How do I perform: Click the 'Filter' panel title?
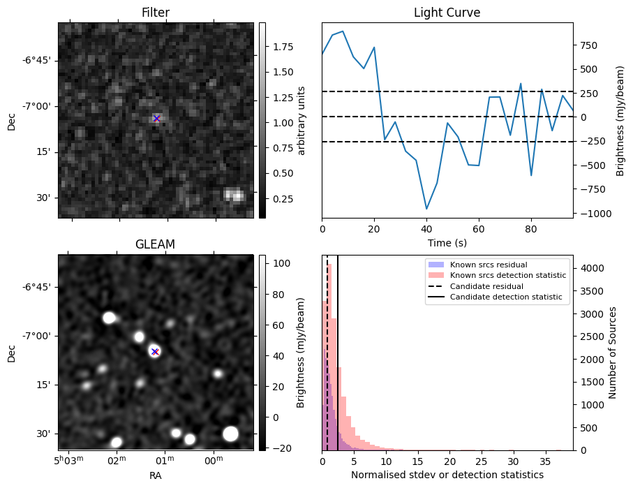(x=155, y=13)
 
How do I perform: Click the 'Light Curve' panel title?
(x=447, y=13)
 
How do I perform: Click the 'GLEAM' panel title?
(x=155, y=244)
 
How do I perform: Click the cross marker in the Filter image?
(x=156, y=119)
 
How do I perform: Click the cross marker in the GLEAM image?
(x=155, y=351)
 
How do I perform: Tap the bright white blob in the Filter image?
(x=234, y=195)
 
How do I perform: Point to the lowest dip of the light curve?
(x=426, y=209)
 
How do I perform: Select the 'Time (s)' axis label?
(x=447, y=243)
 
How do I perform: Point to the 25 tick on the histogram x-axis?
(x=482, y=462)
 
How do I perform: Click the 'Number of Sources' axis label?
(x=613, y=352)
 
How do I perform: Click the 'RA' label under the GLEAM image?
(x=155, y=475)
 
